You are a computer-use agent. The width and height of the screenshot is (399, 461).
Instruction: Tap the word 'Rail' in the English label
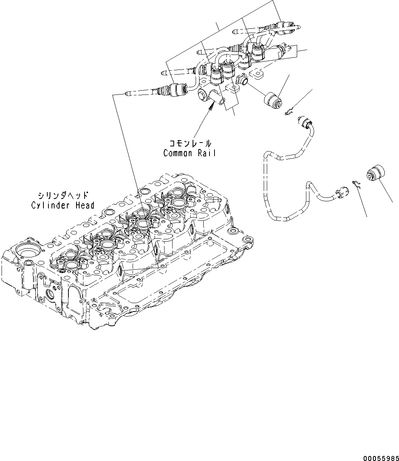208,153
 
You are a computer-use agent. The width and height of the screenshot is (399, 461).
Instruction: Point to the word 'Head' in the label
85,205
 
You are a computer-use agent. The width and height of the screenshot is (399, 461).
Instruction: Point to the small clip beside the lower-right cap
356,184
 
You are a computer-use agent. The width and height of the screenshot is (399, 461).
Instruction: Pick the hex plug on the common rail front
242,81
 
